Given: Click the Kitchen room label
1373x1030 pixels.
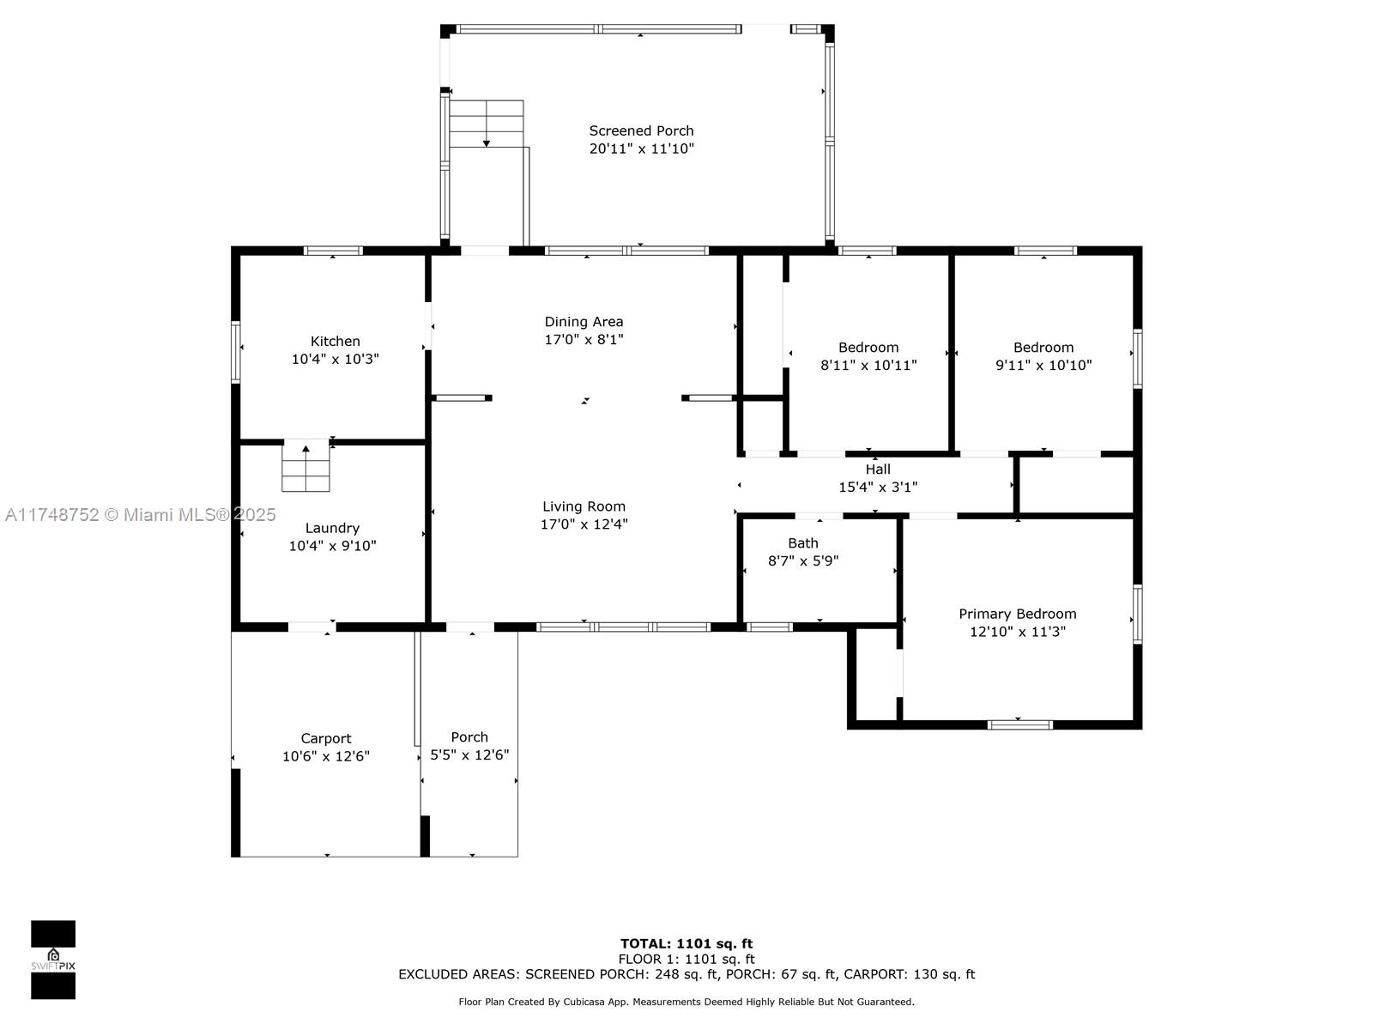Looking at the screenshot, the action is (335, 341).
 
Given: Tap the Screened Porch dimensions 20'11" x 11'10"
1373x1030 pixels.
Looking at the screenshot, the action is (641, 148).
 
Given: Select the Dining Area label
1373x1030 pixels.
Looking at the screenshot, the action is (584, 321).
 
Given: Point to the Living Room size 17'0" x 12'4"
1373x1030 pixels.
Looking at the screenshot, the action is (584, 524).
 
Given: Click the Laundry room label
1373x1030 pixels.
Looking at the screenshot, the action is (332, 529).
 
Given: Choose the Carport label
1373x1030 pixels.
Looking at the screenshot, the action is (326, 738).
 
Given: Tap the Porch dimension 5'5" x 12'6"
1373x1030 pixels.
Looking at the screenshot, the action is (469, 754).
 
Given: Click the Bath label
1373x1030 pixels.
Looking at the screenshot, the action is (802, 542).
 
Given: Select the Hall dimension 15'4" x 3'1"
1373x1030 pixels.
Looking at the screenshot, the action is (878, 487).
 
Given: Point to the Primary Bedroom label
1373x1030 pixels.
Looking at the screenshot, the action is (1017, 614).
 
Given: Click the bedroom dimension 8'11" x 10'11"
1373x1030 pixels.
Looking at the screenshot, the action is (868, 365).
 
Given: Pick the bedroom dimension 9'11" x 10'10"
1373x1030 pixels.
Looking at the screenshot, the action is (1043, 365).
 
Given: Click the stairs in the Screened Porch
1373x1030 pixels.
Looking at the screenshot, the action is (487, 124).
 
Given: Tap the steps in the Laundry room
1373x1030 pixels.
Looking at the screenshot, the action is (305, 465).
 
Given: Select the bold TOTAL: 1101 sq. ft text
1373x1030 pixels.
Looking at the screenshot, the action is (686, 943).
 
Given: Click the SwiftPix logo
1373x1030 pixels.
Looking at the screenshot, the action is (53, 960).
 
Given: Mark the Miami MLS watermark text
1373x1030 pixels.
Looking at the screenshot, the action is (140, 515).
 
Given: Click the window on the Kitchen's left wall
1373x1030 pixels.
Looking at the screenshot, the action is (236, 352).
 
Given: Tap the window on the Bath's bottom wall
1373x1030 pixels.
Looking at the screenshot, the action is (770, 627).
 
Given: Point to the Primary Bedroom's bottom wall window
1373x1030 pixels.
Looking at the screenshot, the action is (1019, 724).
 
